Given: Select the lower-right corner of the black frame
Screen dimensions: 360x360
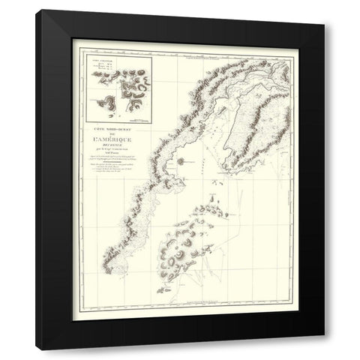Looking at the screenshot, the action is coord(324,349).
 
